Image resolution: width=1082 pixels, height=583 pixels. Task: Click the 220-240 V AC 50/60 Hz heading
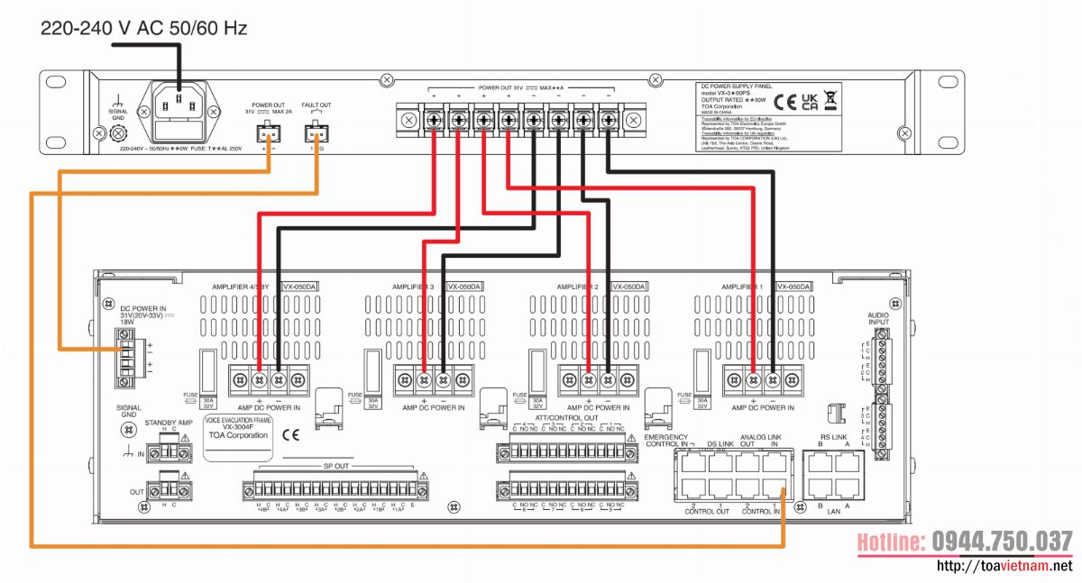(143, 28)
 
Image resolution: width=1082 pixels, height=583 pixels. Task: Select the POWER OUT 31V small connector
(268, 134)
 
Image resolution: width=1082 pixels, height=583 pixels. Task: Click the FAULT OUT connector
(316, 134)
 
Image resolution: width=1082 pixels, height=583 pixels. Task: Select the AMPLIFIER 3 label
(413, 287)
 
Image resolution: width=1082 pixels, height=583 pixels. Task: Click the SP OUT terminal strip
(335, 489)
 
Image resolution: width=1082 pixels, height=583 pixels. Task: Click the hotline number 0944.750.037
(964, 542)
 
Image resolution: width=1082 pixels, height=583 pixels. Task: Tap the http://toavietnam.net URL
(1004, 566)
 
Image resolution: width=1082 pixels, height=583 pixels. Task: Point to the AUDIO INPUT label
(877, 316)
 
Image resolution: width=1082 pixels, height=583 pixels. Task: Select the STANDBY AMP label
(169, 422)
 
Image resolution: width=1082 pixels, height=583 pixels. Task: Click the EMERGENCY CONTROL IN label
(666, 441)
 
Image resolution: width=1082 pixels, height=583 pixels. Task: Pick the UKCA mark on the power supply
(810, 99)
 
